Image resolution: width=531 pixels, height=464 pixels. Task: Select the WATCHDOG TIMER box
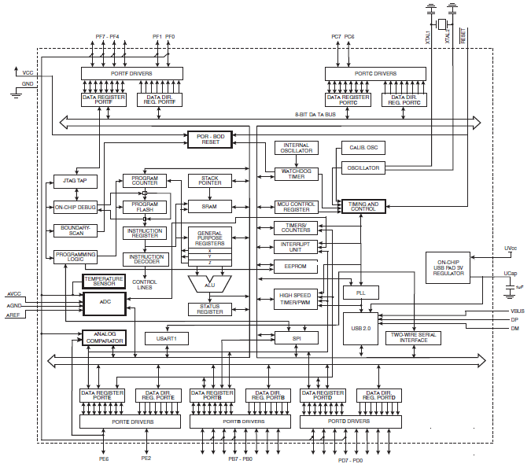(x=296, y=173)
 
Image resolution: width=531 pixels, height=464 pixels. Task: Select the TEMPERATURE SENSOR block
(x=104, y=280)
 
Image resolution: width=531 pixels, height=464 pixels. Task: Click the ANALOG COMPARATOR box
(x=105, y=337)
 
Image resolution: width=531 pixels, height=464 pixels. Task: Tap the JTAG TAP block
(x=76, y=181)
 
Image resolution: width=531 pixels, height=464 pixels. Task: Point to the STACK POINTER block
(x=210, y=181)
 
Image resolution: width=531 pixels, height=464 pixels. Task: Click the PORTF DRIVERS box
(x=132, y=73)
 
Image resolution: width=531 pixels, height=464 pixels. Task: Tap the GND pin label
(x=28, y=83)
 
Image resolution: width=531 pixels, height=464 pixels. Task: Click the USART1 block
(x=167, y=338)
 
